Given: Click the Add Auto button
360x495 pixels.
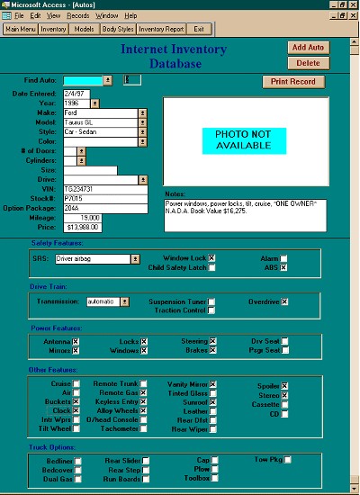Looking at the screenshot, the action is (308, 47).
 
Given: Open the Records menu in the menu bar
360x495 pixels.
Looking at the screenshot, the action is (78, 15).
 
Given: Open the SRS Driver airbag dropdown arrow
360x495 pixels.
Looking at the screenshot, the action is (136, 258).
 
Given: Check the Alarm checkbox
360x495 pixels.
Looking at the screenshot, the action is (283, 257).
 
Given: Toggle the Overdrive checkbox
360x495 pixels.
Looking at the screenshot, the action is (284, 301).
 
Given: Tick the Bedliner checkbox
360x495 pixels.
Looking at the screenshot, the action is (77, 461).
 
